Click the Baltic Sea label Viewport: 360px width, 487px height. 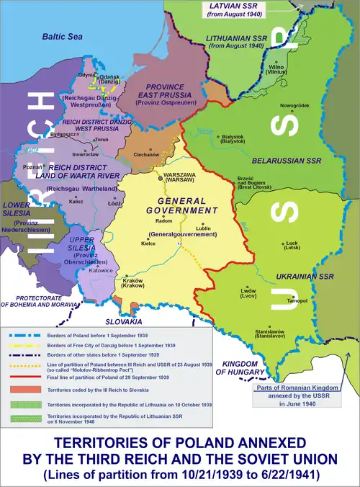(x=63, y=35)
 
